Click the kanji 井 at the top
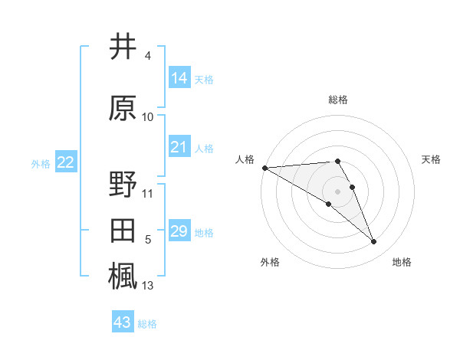pos(123,47)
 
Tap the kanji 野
pos(123,185)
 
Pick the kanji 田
pos(123,231)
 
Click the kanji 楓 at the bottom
pos(123,277)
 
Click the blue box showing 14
pos(179,78)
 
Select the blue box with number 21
pos(179,147)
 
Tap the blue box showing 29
pos(179,231)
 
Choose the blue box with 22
pos(66,162)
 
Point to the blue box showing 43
pos(123,322)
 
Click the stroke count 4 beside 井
pos(148,57)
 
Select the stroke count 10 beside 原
pos(148,117)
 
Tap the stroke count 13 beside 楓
pos(148,286)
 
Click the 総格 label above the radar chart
pos(338,100)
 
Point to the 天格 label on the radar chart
pos(432,159)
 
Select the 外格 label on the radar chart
pos(270,262)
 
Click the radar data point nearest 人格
pos(264,168)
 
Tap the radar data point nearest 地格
pos(374,242)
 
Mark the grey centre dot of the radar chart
pos(337,191)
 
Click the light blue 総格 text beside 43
pos(147,324)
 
